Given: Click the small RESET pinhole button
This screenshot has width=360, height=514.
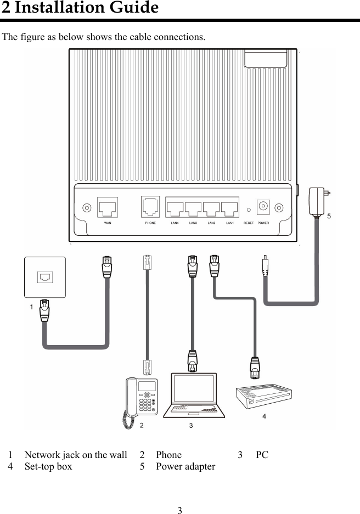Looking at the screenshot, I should (249, 209).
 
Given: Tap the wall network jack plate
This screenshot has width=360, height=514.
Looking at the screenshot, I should (45, 277).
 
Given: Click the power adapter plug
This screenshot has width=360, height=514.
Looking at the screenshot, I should (319, 200).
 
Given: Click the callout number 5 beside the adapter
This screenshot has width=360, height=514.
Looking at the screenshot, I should (329, 217).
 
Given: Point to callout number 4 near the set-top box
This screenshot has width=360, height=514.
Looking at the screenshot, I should (264, 417).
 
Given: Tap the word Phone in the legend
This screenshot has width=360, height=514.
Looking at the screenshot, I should (168, 455).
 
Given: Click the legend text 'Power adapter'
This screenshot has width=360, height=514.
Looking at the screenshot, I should (185, 467).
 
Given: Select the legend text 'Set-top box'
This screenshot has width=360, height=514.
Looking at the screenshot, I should (48, 467).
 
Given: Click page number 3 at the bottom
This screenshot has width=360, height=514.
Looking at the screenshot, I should (179, 510).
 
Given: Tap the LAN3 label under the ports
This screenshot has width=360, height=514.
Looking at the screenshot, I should (193, 223).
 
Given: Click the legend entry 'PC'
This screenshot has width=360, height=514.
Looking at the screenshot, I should (262, 455).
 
